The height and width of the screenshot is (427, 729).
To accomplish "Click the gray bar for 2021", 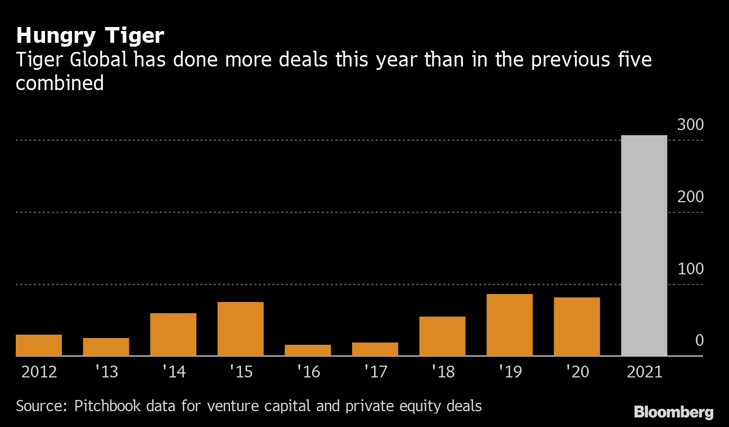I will [644, 246].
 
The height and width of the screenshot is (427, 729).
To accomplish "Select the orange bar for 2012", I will [39, 345].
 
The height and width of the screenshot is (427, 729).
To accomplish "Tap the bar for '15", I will [240, 329].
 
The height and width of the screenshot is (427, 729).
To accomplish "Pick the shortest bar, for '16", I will [308, 350].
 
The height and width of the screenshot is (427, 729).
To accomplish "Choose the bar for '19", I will [510, 325].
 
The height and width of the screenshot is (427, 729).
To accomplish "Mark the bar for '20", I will [577, 327].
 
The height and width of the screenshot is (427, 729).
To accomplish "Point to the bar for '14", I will [173, 335].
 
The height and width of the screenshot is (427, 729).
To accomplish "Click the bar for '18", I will [442, 336].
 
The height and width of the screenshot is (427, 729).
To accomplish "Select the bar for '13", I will [106, 347].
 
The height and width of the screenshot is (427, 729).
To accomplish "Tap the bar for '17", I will [375, 349].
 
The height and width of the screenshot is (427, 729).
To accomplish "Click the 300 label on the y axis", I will [690, 125].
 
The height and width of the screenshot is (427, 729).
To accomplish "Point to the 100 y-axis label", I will [690, 269].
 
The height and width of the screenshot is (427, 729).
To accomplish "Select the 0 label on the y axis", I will [699, 340].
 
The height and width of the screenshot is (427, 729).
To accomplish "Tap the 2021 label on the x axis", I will [644, 372].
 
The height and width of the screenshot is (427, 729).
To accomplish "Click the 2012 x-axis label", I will [39, 372].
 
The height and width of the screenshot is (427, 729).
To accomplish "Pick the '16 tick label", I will [308, 372].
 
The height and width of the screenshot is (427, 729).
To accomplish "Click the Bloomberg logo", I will [673, 412].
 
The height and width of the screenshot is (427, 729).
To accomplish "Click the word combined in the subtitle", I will [60, 83].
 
